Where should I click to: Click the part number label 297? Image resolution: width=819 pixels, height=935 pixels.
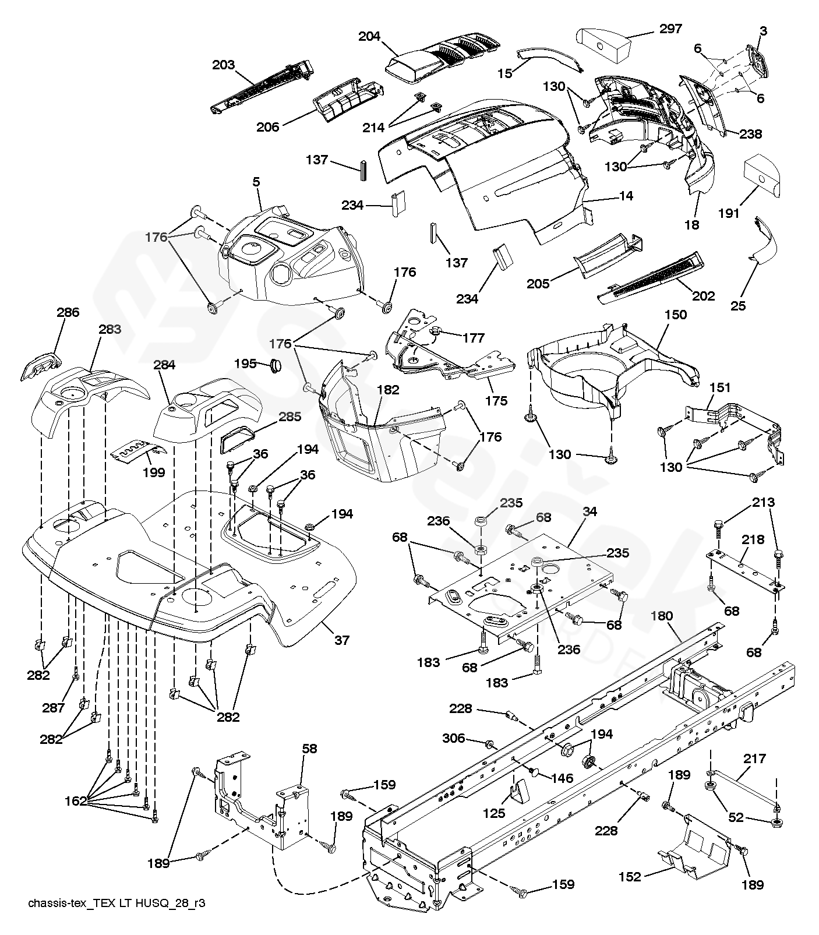point(670,29)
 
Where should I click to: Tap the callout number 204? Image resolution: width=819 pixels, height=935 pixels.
point(369,36)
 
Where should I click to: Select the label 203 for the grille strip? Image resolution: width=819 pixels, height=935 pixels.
point(223,65)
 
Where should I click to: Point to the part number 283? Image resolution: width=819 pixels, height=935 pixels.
point(110,329)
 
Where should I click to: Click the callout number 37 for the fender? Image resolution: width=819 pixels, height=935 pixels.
point(341,640)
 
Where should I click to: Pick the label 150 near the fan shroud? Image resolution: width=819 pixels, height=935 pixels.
point(675,315)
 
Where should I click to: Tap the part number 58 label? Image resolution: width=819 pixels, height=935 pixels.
point(309,748)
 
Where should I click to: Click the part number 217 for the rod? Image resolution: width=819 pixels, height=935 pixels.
point(754,758)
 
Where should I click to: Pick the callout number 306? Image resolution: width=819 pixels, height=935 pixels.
point(454,738)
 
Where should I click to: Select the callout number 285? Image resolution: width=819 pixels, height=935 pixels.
point(290,417)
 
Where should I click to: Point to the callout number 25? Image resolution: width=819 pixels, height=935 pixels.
point(738,305)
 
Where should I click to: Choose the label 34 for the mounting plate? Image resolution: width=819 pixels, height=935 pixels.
point(589,511)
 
